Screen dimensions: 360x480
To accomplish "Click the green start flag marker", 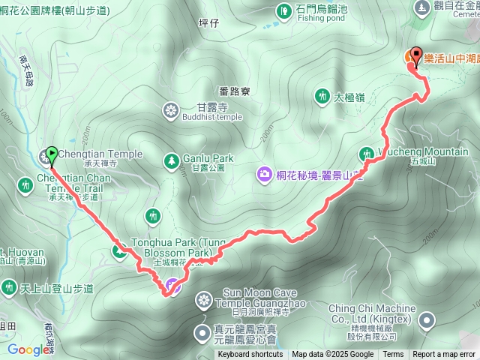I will click(51, 155).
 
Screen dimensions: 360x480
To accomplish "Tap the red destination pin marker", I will click(416, 58).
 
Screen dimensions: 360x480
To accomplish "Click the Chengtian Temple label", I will click(100, 154).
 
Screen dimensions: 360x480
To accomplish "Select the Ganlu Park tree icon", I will click(172, 159).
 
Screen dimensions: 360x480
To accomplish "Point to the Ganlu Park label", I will click(208, 158).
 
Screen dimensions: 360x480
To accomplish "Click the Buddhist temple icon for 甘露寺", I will click(172, 111).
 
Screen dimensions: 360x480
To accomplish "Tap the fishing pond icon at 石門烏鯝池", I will click(284, 11).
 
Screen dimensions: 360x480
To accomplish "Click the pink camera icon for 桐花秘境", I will click(264, 175).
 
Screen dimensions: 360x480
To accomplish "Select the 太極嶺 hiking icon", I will click(322, 96).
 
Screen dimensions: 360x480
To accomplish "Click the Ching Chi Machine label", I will click(371, 309).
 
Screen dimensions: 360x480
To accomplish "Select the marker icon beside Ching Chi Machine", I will click(427, 321).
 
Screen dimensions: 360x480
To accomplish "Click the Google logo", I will click(28, 349).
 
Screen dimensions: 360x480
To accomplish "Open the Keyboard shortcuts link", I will click(250, 355).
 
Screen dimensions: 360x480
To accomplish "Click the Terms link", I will click(393, 355).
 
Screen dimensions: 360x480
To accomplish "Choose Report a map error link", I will click(445, 355).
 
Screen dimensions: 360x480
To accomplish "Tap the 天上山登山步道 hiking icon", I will click(9, 287).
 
